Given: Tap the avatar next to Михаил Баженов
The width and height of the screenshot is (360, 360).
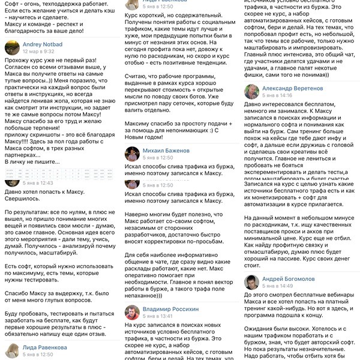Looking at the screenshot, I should [x=132, y=154].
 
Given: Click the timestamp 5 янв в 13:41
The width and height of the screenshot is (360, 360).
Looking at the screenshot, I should [x=158, y=316].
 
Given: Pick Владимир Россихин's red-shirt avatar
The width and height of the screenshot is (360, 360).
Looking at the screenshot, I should [x=132, y=312].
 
